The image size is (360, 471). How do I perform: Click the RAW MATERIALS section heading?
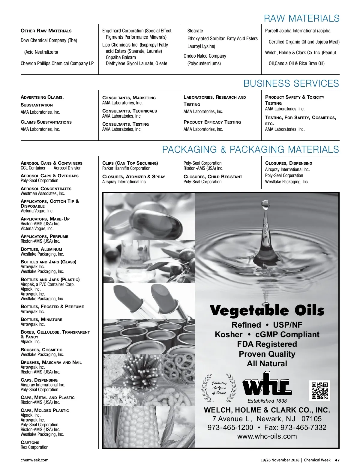[301, 18]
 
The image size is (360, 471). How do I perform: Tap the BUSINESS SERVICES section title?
[291, 83]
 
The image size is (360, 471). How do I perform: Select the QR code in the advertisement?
[319, 390]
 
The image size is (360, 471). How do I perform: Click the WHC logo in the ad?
[267, 385]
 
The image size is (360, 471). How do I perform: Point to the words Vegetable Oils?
[267, 310]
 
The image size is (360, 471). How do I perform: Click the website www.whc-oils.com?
[267, 436]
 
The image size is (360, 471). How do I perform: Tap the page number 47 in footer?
[337, 460]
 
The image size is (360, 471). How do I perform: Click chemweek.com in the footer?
[34, 460]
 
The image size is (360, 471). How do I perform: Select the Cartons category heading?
[30, 442]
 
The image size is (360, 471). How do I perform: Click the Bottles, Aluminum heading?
[41, 249]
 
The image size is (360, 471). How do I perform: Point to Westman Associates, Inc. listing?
[43, 193]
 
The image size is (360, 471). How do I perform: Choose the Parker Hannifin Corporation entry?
[126, 168]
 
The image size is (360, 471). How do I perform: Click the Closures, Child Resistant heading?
[213, 177]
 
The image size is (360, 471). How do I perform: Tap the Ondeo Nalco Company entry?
[205, 56]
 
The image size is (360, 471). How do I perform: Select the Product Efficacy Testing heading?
[212, 122]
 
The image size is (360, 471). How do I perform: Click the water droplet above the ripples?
[265, 205]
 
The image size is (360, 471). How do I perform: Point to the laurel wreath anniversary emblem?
[219, 388]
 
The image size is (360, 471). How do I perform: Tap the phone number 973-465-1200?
[230, 427]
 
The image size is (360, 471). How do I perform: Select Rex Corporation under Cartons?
[34, 447]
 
